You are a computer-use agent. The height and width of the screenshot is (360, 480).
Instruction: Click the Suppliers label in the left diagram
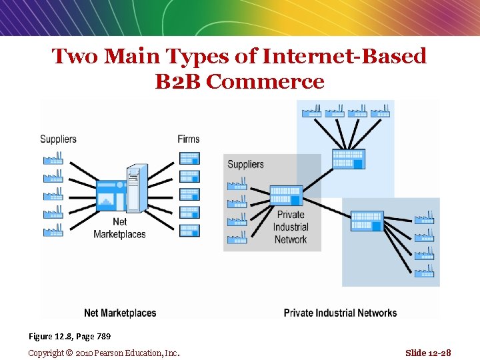click(x=58, y=139)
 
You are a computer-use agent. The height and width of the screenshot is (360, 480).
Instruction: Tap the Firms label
click(x=189, y=139)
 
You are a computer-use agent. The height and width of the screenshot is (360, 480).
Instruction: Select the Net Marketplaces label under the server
click(x=119, y=227)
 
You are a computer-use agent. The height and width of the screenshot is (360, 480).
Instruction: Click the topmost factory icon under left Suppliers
click(x=53, y=159)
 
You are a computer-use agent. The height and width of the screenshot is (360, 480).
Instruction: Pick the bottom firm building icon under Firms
click(x=189, y=230)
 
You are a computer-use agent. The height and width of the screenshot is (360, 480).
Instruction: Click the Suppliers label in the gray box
click(x=245, y=164)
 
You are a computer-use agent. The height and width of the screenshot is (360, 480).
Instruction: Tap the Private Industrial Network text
click(x=291, y=227)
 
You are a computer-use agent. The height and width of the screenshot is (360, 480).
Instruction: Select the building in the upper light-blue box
click(x=347, y=160)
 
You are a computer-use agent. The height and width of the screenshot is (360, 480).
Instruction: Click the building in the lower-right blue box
click(x=367, y=220)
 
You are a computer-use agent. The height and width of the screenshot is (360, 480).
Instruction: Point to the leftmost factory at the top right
click(x=311, y=110)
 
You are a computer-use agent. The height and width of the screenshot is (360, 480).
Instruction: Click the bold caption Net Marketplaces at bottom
click(x=120, y=313)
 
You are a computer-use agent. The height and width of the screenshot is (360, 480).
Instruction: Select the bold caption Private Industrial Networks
click(x=340, y=313)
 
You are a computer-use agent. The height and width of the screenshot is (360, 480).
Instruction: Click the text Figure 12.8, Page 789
click(x=69, y=335)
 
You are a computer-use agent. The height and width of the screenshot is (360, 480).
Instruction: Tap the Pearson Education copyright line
click(x=104, y=353)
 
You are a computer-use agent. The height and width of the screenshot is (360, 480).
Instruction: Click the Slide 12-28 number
click(x=428, y=353)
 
